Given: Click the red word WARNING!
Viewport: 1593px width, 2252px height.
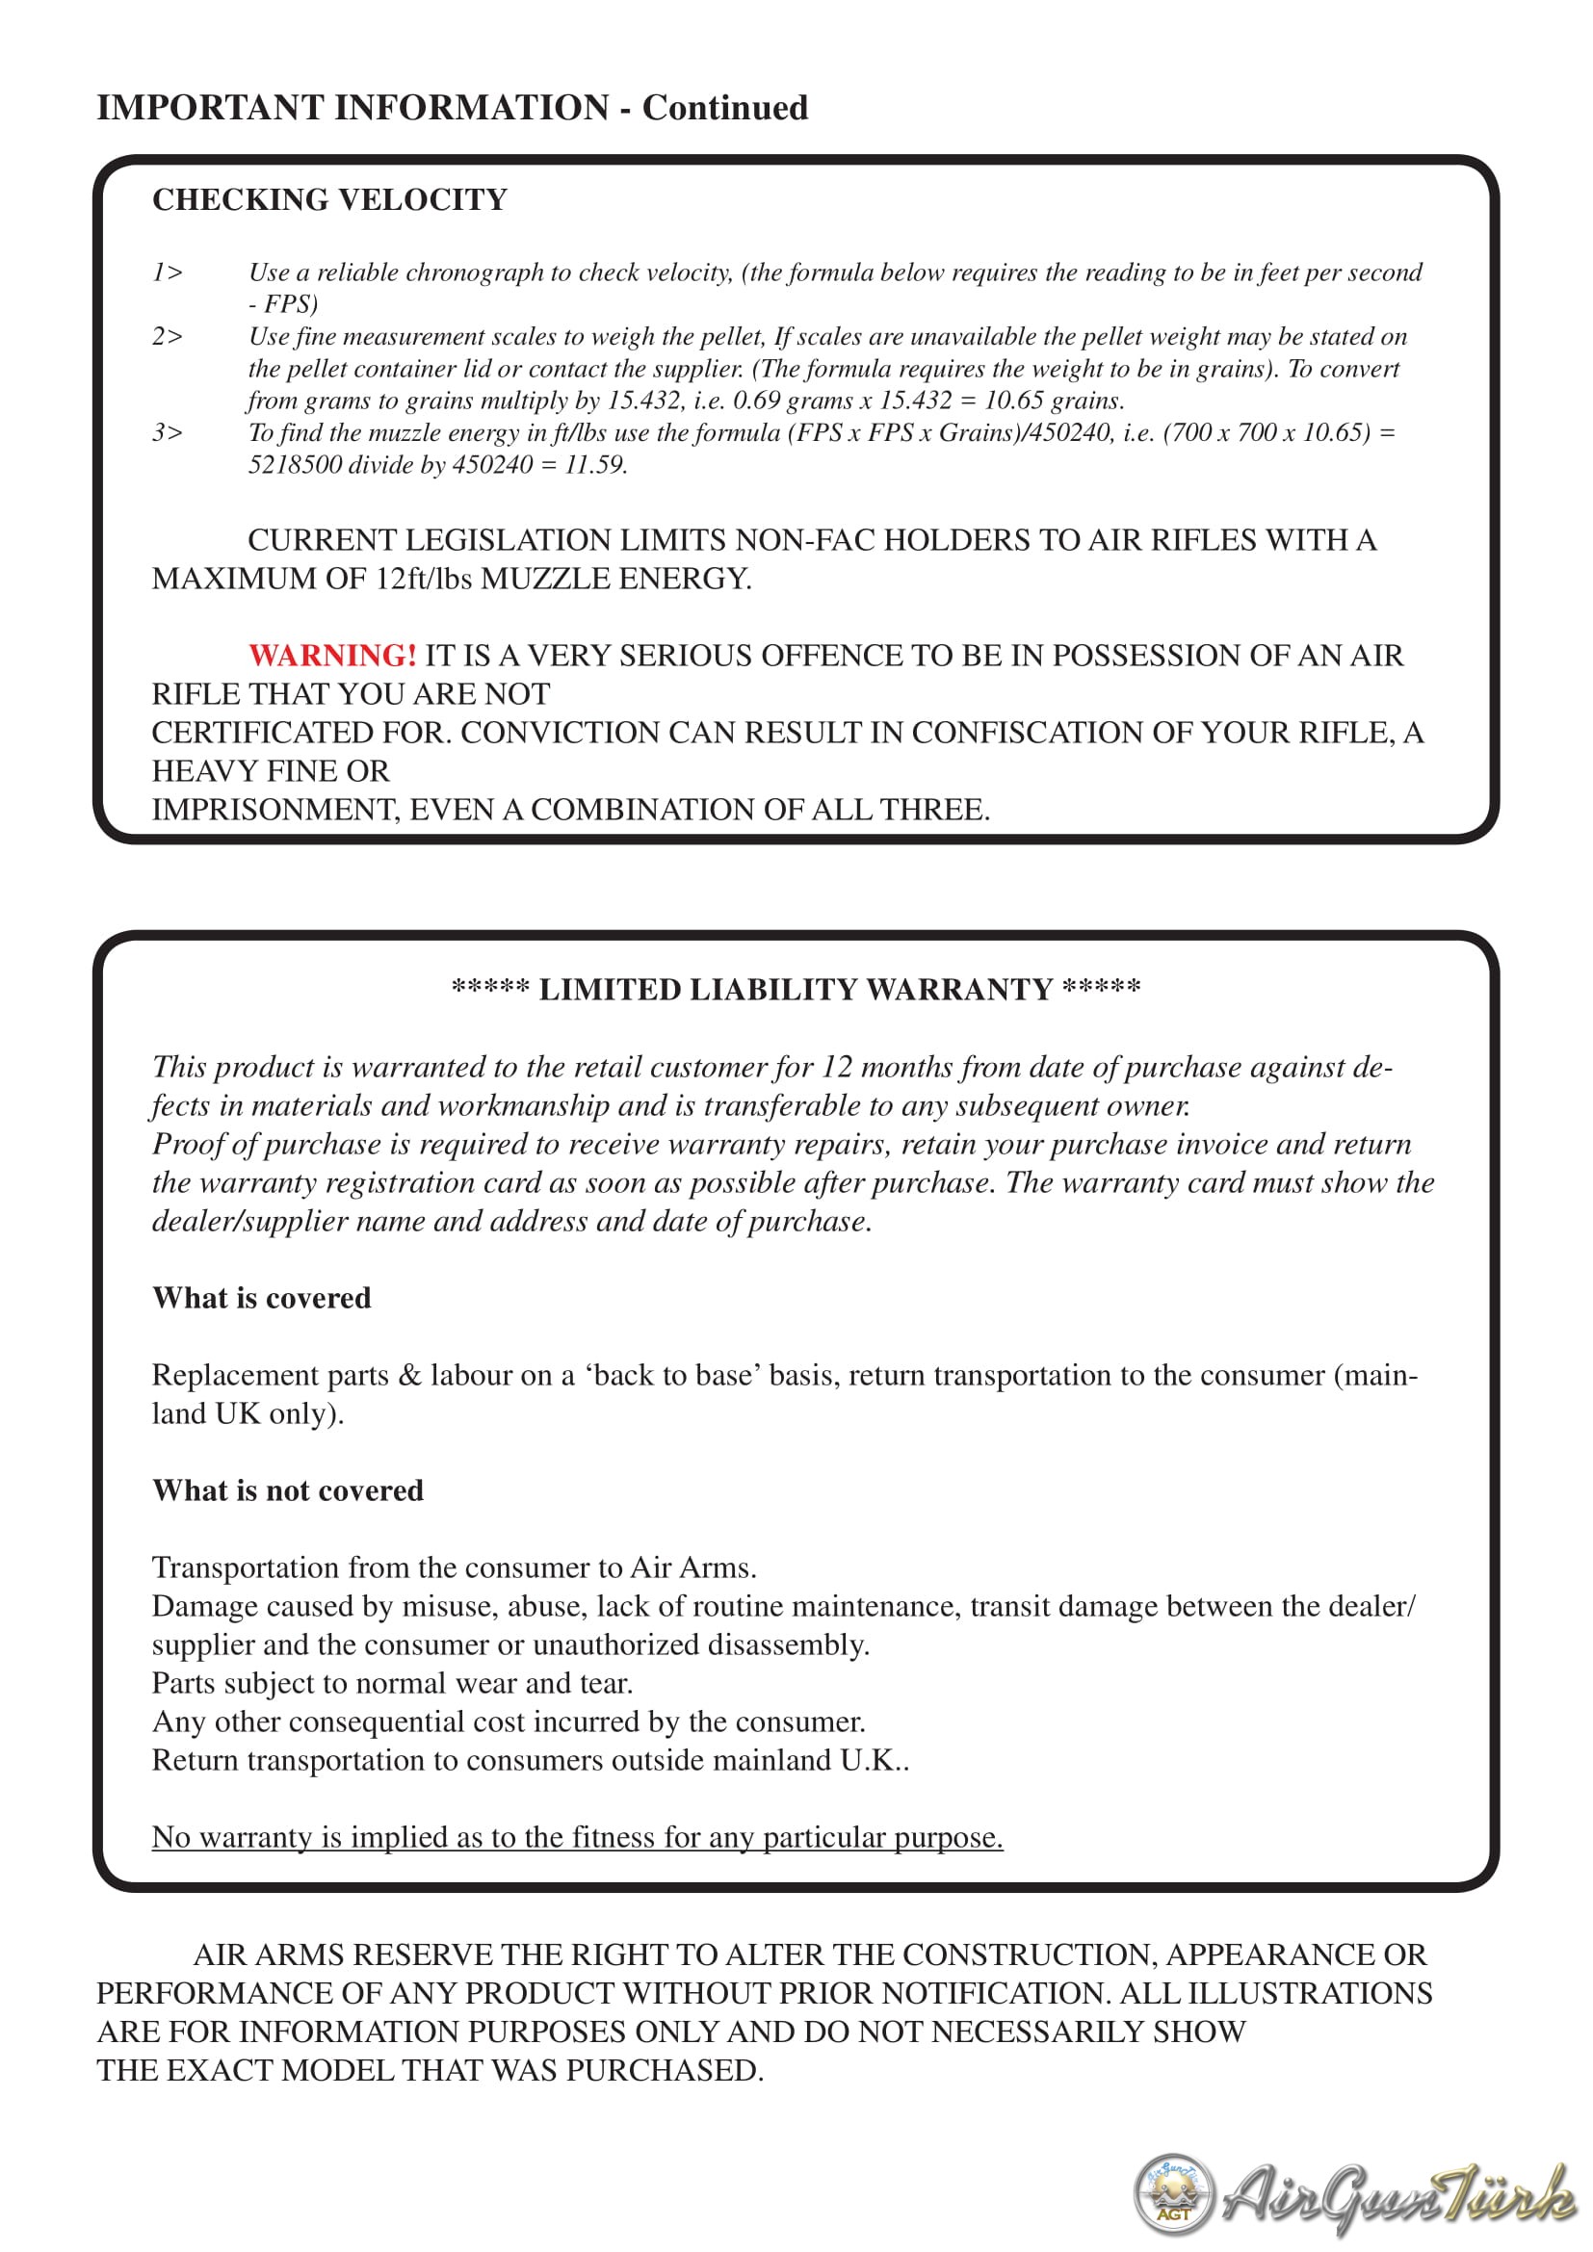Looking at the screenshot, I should click(x=332, y=656).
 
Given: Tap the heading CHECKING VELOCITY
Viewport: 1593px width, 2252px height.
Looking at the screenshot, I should click(x=329, y=200).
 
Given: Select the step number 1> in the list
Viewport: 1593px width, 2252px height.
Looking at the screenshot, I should click(x=168, y=272).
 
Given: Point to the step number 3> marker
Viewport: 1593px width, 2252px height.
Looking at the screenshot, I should click(x=168, y=432).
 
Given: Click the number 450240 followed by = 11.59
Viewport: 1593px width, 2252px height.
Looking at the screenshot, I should click(x=492, y=465).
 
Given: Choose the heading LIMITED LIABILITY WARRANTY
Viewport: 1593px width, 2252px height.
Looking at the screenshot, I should click(x=796, y=990).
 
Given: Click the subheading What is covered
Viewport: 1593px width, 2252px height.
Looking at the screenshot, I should click(x=262, y=1299).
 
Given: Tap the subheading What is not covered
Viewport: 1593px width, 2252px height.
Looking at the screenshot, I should click(x=287, y=1490).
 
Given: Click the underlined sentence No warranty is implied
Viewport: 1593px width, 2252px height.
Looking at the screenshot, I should click(x=577, y=1837).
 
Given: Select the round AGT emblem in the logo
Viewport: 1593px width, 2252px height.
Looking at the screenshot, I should click(x=1174, y=2194).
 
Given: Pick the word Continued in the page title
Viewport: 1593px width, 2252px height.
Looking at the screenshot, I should click(x=725, y=108).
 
